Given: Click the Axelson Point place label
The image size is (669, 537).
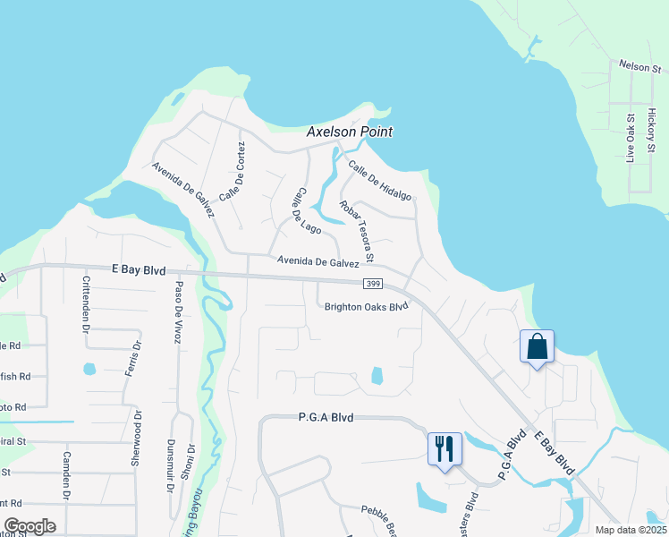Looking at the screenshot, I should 350,132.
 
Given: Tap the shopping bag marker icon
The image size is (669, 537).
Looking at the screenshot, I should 537,346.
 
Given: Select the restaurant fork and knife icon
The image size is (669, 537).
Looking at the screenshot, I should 445,447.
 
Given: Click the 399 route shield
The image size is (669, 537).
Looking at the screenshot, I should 374,285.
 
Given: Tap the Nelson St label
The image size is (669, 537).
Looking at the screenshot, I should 639,67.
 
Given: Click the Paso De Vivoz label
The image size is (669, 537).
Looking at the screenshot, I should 179,308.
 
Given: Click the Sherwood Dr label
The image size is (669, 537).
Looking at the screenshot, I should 138,438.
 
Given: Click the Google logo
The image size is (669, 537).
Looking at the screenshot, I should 30,526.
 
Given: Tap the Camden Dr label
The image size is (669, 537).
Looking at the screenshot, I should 65,473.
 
